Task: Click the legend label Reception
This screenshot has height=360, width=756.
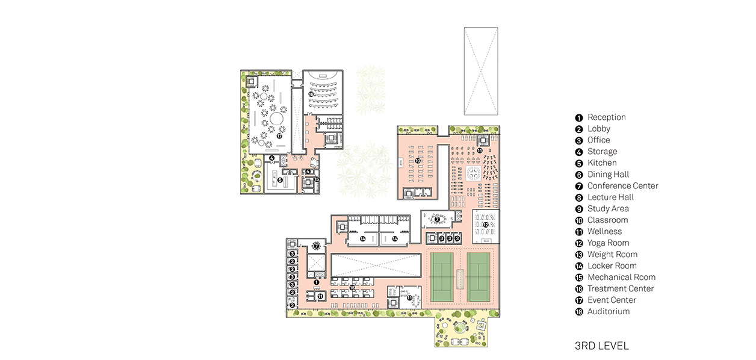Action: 607,117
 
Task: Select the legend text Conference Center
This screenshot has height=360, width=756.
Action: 623,186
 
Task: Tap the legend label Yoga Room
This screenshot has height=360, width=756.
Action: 608,243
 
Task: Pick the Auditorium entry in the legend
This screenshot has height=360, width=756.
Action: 609,311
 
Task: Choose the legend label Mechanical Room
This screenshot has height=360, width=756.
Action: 621,277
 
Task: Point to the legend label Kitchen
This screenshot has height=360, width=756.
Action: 602,163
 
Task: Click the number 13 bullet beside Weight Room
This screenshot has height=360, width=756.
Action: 579,255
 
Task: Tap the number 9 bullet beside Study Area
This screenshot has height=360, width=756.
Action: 579,209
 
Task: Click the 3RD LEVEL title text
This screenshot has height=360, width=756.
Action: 602,346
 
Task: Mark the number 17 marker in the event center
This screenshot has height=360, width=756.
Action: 279,136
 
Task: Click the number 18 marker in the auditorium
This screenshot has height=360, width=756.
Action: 311,95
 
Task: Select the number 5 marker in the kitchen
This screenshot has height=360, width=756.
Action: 280,180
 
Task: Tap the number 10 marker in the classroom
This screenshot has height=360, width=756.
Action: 418,161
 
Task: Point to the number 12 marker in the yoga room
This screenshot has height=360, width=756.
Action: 485,225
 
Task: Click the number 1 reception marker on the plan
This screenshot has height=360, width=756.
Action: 316,282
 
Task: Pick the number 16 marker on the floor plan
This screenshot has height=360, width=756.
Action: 352,288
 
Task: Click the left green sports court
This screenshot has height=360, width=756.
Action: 442,277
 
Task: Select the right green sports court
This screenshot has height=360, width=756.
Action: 479,277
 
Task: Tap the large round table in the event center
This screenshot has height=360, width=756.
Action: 277,119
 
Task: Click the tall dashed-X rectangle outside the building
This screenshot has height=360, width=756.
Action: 481,71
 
